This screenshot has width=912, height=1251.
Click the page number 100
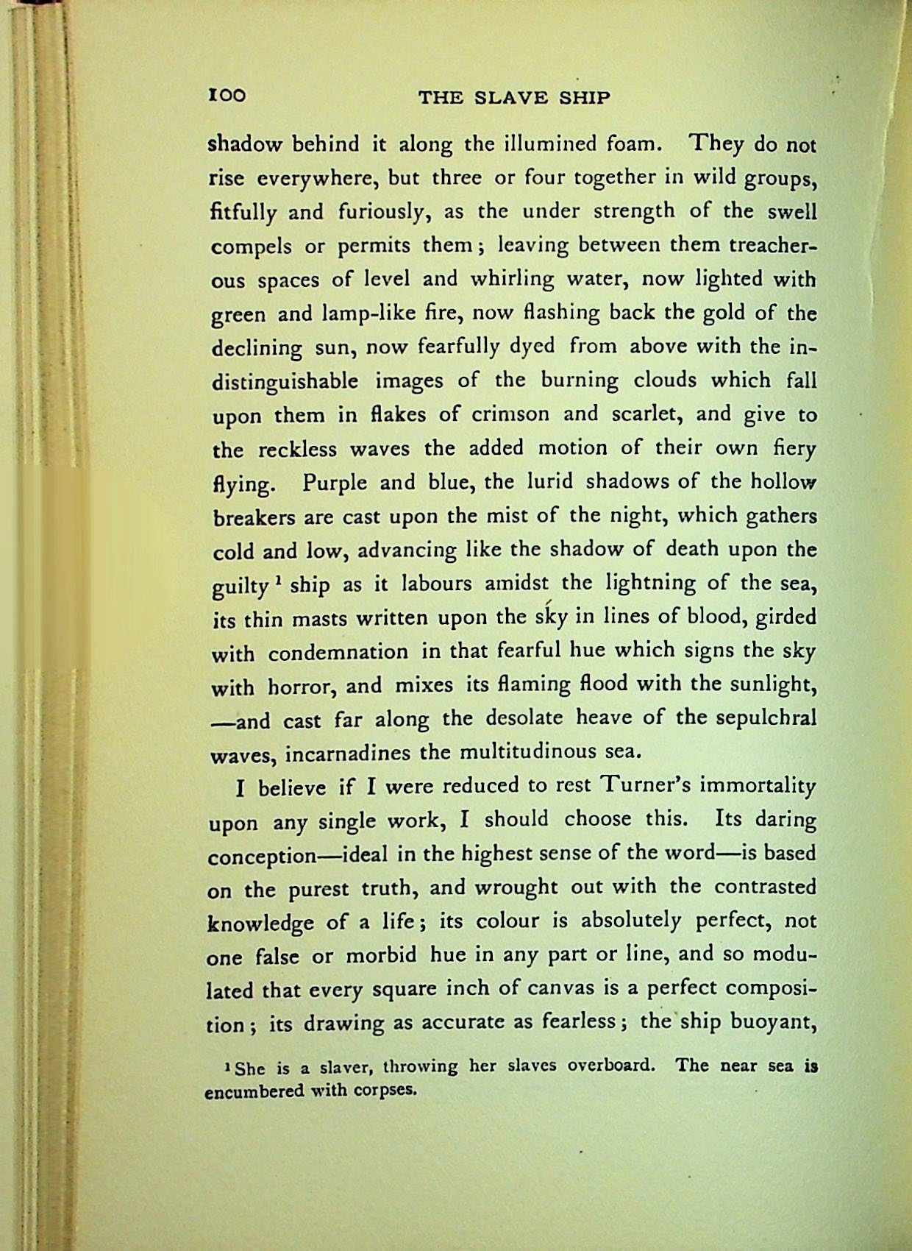coord(227,96)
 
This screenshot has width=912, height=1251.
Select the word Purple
coord(337,483)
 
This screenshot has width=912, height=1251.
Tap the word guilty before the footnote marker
coord(240,586)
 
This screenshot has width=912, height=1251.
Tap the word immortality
coord(758,786)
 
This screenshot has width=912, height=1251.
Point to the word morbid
coord(381,955)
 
